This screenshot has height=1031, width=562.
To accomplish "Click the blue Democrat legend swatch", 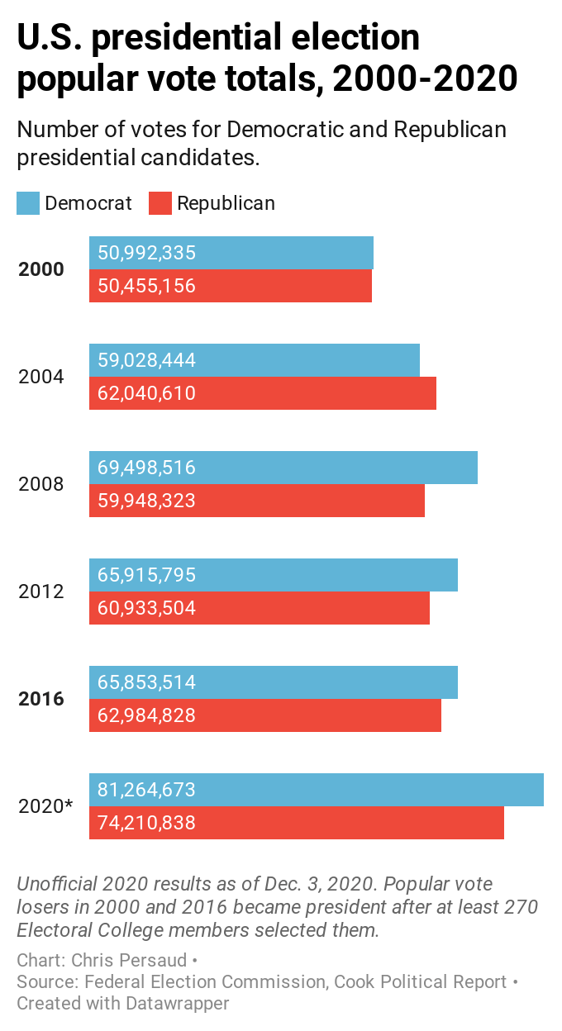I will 28,203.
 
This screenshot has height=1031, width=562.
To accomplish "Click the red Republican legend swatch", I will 160,203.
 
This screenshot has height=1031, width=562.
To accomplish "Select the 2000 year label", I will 41,269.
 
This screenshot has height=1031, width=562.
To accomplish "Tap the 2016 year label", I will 41,699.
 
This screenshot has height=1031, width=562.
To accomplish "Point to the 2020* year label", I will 45,806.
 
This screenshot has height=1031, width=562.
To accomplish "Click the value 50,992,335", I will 146,253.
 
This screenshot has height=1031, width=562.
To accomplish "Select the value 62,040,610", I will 146,393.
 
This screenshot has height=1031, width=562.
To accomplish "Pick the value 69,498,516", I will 146,468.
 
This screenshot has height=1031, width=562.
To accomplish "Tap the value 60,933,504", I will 146,608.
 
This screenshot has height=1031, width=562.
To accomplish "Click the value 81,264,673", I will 146,790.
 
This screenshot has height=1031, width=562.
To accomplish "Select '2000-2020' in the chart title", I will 426,78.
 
